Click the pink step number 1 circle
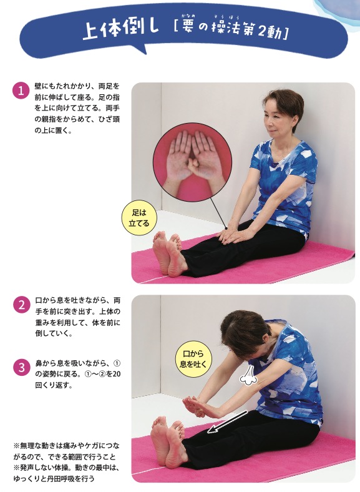(21, 91)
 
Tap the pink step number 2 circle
(21, 305)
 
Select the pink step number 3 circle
(21, 368)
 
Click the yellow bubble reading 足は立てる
(139, 219)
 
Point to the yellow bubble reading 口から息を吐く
(193, 358)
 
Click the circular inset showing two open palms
(192, 162)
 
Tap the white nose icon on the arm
(248, 375)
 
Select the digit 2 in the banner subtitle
(263, 32)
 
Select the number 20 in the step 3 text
(116, 374)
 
